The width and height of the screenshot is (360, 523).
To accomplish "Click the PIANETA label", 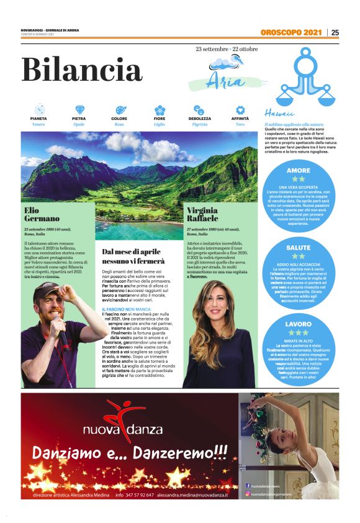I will click(x=38, y=118).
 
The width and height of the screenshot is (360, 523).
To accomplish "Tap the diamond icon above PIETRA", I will click(x=79, y=109).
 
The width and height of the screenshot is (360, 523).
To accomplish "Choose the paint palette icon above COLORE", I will click(x=120, y=109).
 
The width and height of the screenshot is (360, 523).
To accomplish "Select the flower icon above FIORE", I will click(x=160, y=109).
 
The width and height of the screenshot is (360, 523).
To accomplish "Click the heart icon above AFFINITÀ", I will click(x=240, y=109).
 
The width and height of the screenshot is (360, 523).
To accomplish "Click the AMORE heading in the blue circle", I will click(x=298, y=170).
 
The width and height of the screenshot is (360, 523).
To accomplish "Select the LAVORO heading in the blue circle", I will click(x=298, y=324).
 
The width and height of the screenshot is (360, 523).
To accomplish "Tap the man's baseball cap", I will click(x=47, y=291).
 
